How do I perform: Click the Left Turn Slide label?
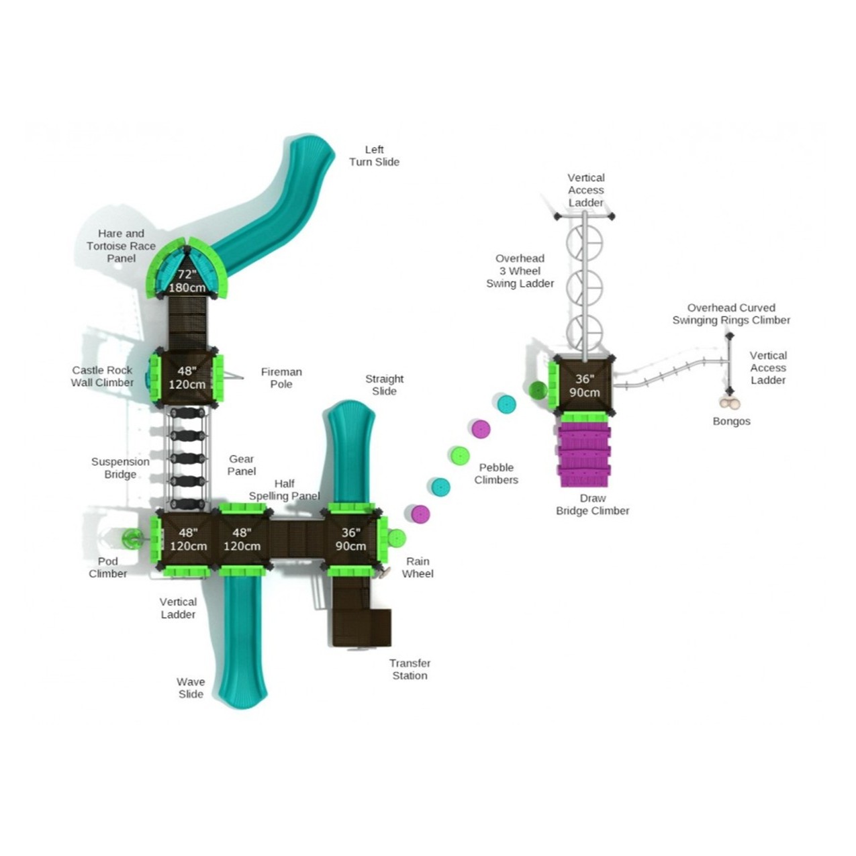[x=374, y=156]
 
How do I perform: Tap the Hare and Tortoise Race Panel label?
[x=121, y=246]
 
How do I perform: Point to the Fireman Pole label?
[x=281, y=378]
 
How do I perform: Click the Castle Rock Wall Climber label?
[x=102, y=377]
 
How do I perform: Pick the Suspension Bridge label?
[x=120, y=468]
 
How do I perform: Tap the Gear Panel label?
[x=242, y=465]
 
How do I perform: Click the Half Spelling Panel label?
[x=284, y=489]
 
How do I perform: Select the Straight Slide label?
[x=384, y=385]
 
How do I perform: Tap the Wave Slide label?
[x=191, y=687]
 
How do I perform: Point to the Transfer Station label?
[x=410, y=669]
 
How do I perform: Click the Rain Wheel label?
[x=418, y=567]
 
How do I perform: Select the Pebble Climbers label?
[x=496, y=473]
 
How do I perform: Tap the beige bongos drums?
[x=730, y=403]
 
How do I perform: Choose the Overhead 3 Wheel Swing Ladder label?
[x=520, y=271]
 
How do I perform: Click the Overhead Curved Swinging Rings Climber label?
[x=731, y=314]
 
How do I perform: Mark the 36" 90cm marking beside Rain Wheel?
[x=350, y=539]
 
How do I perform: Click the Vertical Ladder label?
[x=178, y=608]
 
